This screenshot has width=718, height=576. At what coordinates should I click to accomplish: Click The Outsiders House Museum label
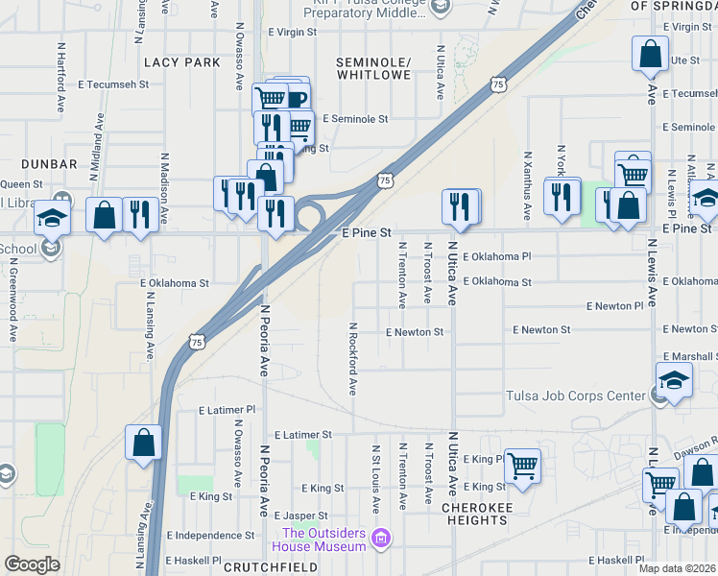(323, 540)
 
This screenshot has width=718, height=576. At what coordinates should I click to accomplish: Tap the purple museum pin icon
(382, 537)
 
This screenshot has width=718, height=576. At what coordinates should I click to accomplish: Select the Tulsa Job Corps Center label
(576, 396)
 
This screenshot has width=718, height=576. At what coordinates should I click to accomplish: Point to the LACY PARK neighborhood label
(181, 62)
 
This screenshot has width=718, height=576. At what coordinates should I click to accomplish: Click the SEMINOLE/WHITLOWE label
(373, 67)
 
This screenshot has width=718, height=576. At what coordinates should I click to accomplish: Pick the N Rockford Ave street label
(353, 358)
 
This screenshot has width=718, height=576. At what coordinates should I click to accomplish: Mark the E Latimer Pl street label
(227, 409)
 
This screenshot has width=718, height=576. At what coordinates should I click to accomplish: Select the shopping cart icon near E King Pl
(522, 466)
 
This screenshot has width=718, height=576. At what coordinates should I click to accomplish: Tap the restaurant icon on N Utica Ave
(461, 205)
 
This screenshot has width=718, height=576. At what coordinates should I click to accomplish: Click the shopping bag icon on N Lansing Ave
(144, 443)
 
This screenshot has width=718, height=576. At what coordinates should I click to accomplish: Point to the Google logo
(33, 564)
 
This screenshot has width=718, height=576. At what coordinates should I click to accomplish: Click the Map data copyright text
(678, 568)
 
